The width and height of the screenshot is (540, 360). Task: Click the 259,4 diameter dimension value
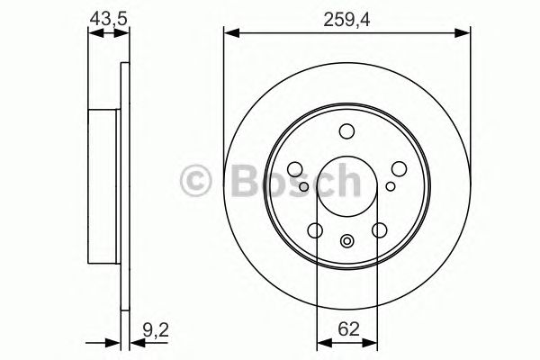coord(346,15)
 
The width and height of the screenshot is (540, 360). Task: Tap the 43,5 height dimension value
coord(108,15)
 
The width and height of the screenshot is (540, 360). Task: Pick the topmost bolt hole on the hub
coord(347,132)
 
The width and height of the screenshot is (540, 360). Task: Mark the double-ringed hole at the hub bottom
coord(347,240)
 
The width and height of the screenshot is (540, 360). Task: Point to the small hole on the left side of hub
coord(304,187)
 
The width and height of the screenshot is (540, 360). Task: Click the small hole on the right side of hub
coord(391,187)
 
